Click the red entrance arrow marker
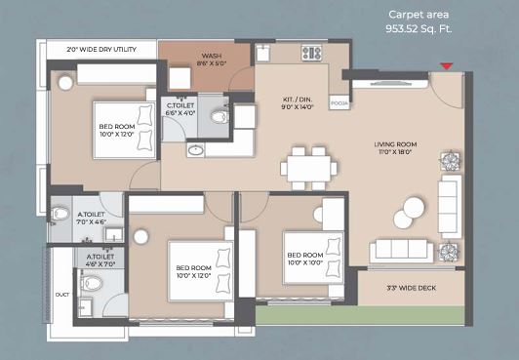[x=446, y=66]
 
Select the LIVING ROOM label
[x=396, y=149]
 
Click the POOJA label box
[x=339, y=100]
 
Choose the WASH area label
[x=212, y=60]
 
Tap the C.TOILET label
[x=180, y=108]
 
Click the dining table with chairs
[x=308, y=168]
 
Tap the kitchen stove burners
[x=312, y=53]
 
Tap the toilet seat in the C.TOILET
[x=219, y=117]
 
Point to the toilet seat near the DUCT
[x=93, y=285]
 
